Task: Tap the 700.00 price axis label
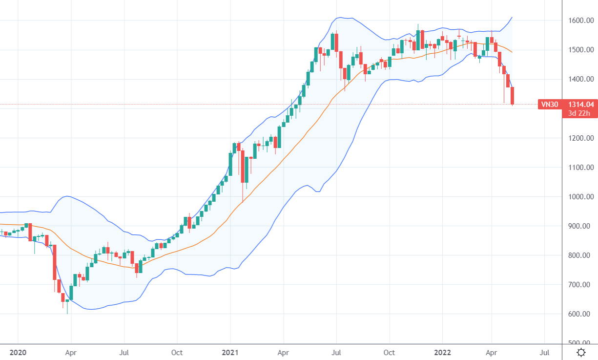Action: (581, 285)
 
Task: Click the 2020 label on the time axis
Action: (18, 352)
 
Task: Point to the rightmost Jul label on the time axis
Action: (545, 352)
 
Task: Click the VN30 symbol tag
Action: (549, 104)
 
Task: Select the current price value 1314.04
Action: (580, 104)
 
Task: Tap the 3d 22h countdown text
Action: (579, 113)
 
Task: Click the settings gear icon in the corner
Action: (581, 352)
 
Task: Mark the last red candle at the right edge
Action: (513, 95)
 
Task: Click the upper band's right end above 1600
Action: (512, 18)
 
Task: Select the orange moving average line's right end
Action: (512, 52)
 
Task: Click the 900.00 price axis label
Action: (581, 226)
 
